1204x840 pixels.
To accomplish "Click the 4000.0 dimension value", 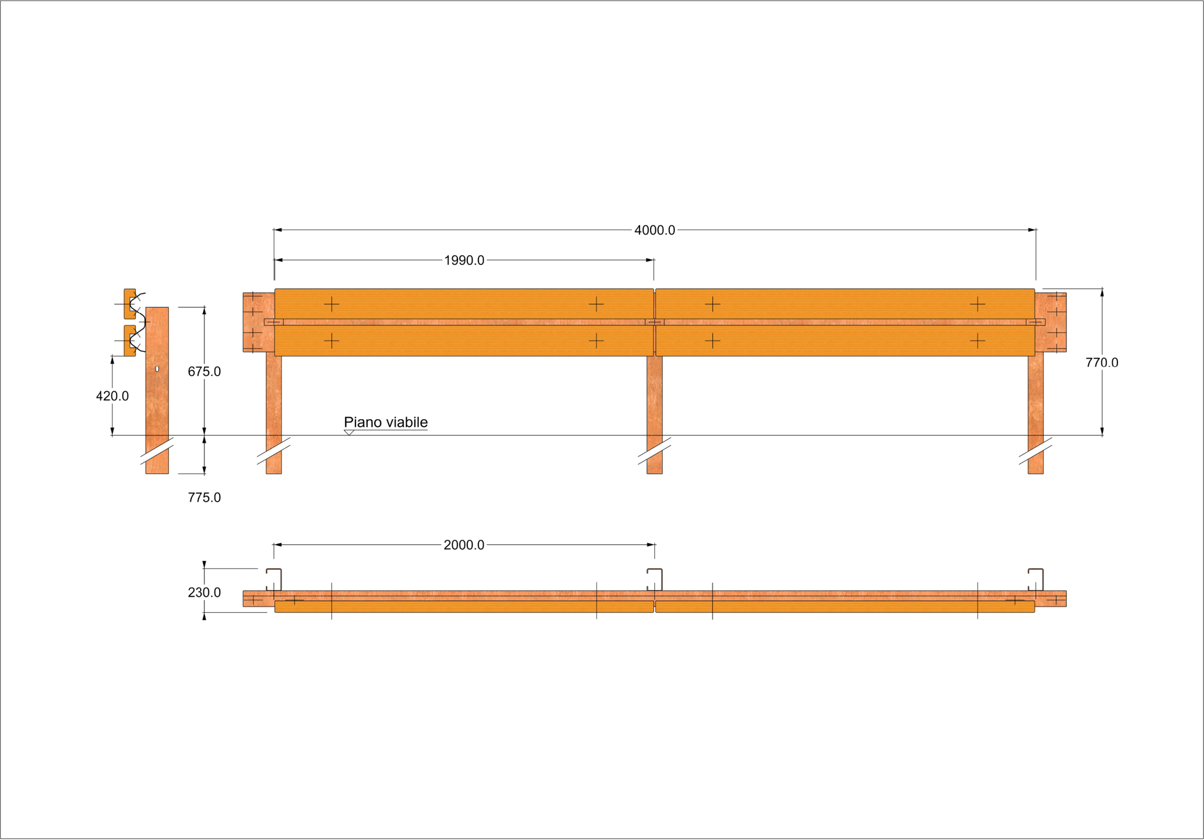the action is (655, 230).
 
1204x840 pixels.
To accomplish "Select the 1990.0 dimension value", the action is (464, 261).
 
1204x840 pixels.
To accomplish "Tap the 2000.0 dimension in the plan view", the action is (464, 545).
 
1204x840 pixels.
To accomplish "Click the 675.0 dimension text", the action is (204, 372).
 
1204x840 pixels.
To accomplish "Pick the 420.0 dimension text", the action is (112, 396).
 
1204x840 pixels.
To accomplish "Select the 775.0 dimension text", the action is (204, 497).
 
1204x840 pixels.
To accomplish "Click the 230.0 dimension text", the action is (204, 592).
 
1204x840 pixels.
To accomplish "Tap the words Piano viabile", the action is (385, 422).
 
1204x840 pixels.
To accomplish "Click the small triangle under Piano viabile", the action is (349, 433).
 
